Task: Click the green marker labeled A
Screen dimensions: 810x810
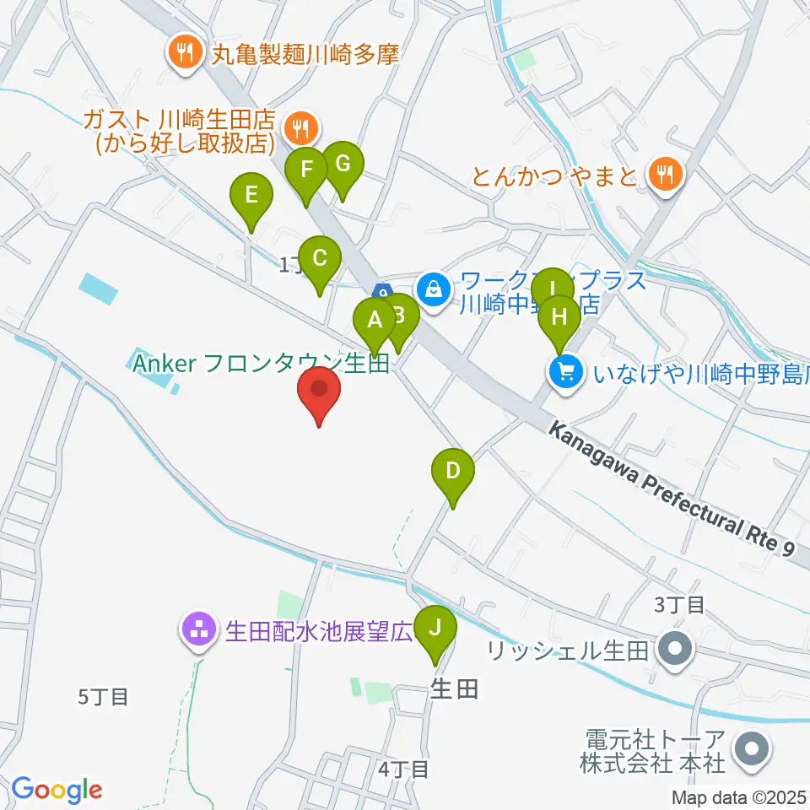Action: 374,321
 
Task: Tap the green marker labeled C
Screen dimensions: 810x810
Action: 319,258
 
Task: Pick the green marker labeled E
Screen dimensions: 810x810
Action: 251,196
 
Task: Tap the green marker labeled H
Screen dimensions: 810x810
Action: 559,318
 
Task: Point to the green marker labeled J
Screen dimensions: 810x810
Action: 435,628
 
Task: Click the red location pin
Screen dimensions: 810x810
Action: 320,390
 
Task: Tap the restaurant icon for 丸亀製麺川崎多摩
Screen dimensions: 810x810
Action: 183,52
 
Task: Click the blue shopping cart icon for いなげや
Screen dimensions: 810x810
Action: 564,370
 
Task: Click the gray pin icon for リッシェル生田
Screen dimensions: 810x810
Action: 676,650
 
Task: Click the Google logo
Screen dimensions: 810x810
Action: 56,790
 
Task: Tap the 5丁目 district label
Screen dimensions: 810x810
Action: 103,697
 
